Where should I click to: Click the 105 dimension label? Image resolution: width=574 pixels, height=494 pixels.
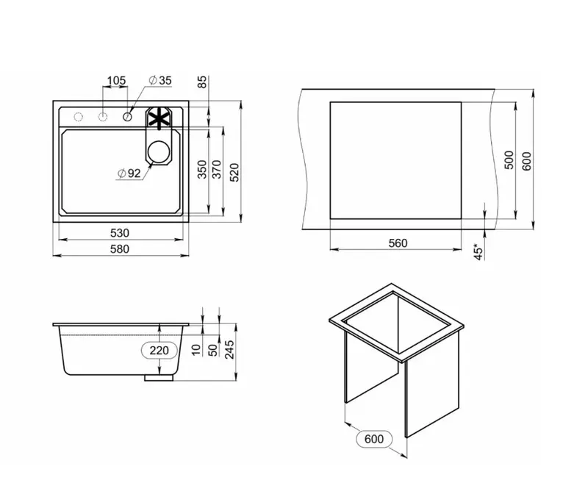click(116, 80)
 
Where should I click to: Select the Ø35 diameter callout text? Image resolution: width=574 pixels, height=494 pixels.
click(160, 80)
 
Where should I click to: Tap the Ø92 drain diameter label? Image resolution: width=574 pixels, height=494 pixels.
click(129, 173)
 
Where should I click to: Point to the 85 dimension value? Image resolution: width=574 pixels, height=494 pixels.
click(202, 82)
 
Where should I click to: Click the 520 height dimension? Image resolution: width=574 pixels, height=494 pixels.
click(234, 172)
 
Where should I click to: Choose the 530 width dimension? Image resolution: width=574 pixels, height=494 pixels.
click(120, 233)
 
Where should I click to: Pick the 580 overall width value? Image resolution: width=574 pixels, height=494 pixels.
click(120, 249)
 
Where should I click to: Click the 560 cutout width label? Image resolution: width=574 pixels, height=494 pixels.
click(398, 243)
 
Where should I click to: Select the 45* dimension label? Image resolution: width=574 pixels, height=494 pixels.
click(478, 251)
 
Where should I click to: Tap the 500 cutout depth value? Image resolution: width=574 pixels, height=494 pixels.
click(509, 160)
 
